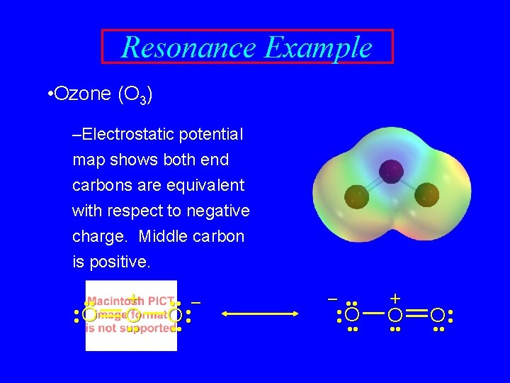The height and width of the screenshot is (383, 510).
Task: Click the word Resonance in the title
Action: coord(188,48)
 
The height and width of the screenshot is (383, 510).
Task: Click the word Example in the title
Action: coord(317,48)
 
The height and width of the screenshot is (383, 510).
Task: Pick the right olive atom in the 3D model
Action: coord(426,194)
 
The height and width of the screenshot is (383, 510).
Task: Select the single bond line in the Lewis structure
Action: coord(374,313)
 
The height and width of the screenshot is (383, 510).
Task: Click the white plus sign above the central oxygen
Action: coord(395,298)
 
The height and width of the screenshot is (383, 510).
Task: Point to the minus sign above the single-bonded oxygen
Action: coord(331,299)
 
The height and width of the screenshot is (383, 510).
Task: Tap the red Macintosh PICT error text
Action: coord(130,314)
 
